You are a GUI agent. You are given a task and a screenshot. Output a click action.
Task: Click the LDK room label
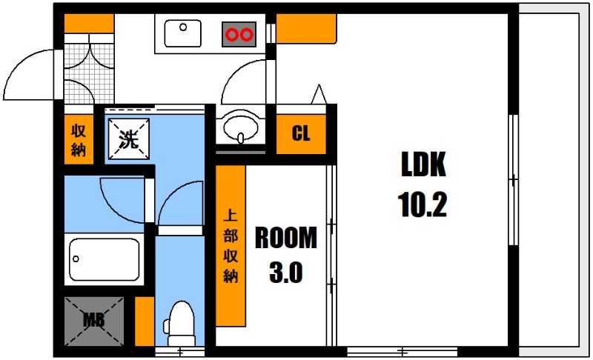[x=423, y=165]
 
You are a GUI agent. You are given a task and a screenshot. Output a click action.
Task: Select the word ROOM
[x=286, y=238]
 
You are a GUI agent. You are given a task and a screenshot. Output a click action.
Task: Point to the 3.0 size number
[x=285, y=274]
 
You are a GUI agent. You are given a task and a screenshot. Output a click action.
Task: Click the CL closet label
[x=301, y=134]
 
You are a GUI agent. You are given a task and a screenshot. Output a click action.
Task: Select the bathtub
[x=105, y=259]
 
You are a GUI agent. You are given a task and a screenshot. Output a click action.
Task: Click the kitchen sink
[x=182, y=33]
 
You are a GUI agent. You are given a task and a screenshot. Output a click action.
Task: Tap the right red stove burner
[x=246, y=34]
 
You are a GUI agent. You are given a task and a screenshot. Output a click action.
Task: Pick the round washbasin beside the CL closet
[x=240, y=128]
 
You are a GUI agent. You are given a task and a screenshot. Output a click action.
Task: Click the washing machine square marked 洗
[x=128, y=139]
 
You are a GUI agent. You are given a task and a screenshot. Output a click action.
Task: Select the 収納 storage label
[x=78, y=139]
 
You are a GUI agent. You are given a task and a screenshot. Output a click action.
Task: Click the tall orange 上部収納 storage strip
[x=230, y=245]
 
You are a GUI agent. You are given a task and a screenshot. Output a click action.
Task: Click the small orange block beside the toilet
[x=145, y=321]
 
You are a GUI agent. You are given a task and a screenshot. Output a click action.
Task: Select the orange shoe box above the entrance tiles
[x=88, y=24]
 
